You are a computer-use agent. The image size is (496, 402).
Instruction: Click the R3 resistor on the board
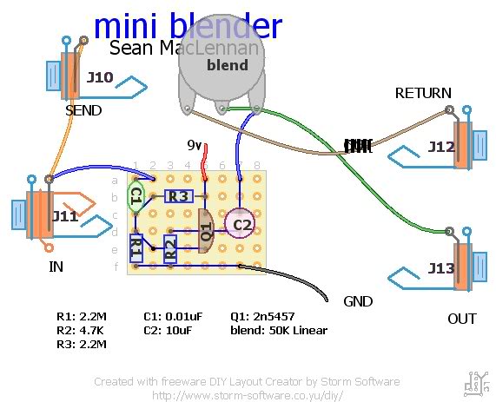178,196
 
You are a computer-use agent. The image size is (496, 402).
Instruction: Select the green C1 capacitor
136,196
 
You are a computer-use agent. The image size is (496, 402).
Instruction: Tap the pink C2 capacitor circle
240,225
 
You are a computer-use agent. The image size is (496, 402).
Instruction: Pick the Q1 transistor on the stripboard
206,231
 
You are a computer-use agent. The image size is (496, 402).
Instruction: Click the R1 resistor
136,248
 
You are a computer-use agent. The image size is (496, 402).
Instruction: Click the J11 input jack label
65,216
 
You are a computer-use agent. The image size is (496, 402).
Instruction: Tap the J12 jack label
441,148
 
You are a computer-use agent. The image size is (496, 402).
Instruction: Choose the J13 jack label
441,268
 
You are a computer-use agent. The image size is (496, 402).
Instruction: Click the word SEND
83,111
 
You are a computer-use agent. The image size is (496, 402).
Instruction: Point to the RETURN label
423,93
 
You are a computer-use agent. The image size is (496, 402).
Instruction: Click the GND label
358,302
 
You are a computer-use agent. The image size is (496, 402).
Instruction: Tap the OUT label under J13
462,319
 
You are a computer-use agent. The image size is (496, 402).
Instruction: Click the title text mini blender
187,27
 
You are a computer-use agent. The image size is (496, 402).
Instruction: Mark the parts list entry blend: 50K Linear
278,331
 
